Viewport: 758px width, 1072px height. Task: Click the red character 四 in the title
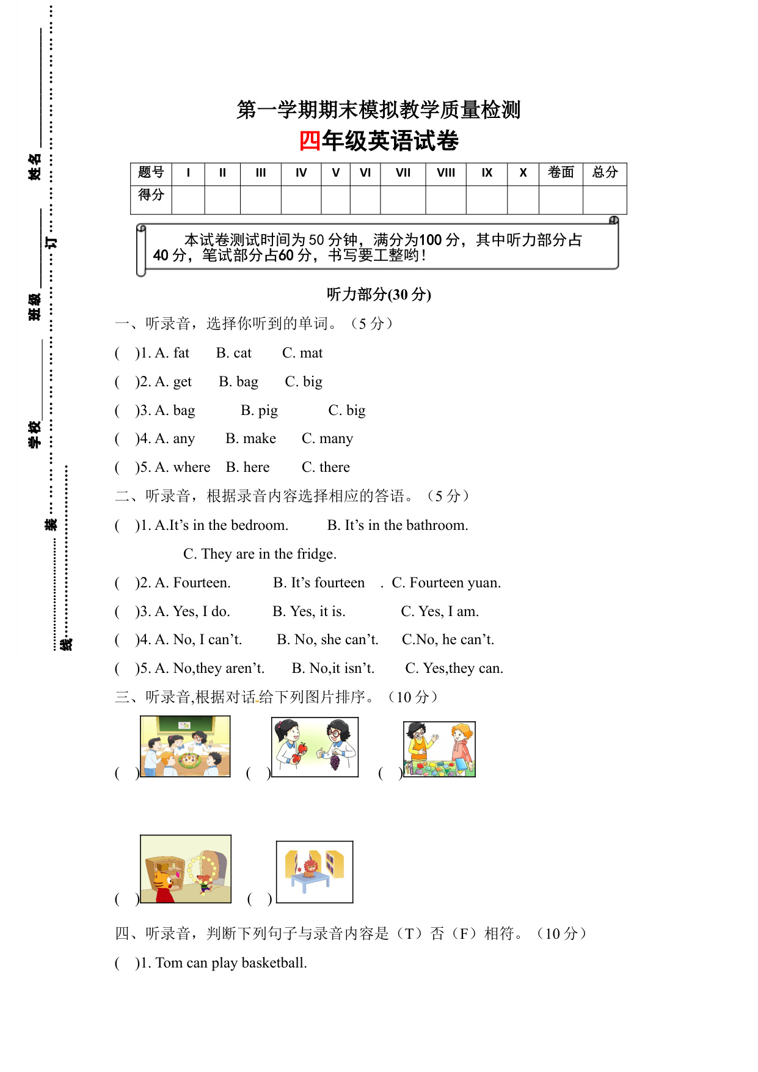pyautogui.click(x=310, y=141)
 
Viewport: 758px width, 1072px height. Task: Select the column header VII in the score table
pyautogui.click(x=403, y=173)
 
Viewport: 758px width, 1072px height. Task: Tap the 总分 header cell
pyautogui.click(x=605, y=173)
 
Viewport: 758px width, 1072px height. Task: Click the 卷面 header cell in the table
pyautogui.click(x=561, y=173)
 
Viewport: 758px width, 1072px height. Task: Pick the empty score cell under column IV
pyautogui.click(x=301, y=199)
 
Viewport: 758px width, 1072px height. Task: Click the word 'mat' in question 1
pyautogui.click(x=311, y=353)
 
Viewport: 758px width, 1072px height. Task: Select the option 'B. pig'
pyautogui.click(x=259, y=411)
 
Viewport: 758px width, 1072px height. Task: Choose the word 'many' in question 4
pyautogui.click(x=336, y=439)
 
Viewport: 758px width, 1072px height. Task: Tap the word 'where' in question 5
pyautogui.click(x=192, y=468)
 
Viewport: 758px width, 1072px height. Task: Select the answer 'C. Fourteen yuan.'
pyautogui.click(x=446, y=583)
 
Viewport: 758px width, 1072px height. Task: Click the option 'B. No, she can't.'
pyautogui.click(x=327, y=640)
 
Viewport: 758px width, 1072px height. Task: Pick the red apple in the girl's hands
pyautogui.click(x=302, y=747)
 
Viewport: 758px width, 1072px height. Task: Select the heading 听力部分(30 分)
pyautogui.click(x=379, y=295)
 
